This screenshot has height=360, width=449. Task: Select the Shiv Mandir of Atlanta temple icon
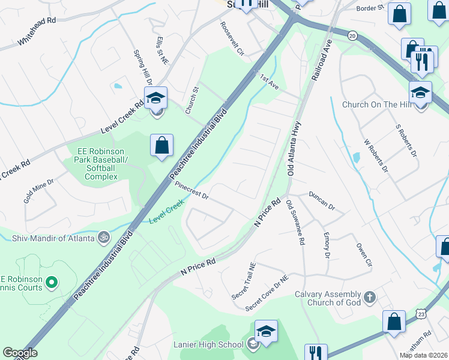pyautogui.click(x=104, y=237)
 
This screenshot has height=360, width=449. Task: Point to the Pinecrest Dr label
pyautogui.click(x=191, y=191)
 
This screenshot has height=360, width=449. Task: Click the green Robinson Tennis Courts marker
pyautogui.click(x=52, y=281)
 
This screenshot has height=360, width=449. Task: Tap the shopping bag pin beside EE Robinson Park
pyautogui.click(x=162, y=145)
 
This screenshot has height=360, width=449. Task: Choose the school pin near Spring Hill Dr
pyautogui.click(x=156, y=98)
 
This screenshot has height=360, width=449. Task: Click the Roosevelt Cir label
pyautogui.click(x=232, y=39)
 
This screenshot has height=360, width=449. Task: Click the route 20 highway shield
pyautogui.click(x=352, y=35)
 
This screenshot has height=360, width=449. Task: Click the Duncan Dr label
pyautogui.click(x=322, y=200)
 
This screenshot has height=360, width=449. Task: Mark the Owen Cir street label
pyautogui.click(x=364, y=254)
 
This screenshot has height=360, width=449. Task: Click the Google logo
pyautogui.click(x=20, y=353)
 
